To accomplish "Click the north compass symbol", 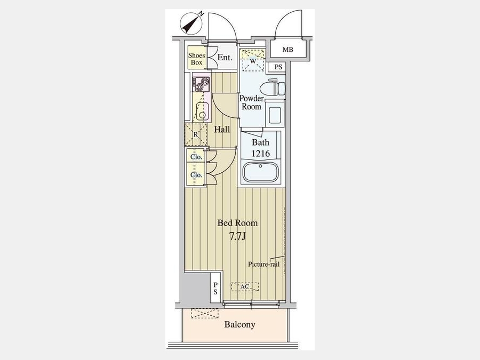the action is pyautogui.click(x=192, y=23).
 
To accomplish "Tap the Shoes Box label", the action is pyautogui.click(x=196, y=59).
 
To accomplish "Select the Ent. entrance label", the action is pyautogui.click(x=225, y=58).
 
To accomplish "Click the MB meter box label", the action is pyautogui.click(x=288, y=50).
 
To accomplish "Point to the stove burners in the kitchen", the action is pyautogui.click(x=202, y=84).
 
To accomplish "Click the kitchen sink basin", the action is pyautogui.click(x=202, y=111).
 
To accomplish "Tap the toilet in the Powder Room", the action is pyautogui.click(x=273, y=87).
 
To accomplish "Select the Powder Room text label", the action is pyautogui.click(x=251, y=102).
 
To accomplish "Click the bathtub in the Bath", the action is pyautogui.click(x=260, y=172).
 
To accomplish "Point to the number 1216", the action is pyautogui.click(x=260, y=154).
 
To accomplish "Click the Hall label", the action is pyautogui.click(x=222, y=130).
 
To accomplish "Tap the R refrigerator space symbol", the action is pyautogui.click(x=196, y=135).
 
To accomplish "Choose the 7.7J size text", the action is pyautogui.click(x=237, y=236).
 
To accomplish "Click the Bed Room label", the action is pyautogui.click(x=237, y=223).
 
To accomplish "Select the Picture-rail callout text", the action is pyautogui.click(x=264, y=264).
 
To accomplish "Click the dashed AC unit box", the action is pyautogui.click(x=245, y=286).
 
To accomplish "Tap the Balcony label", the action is pyautogui.click(x=239, y=324).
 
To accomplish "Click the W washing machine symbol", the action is pyautogui.click(x=253, y=61).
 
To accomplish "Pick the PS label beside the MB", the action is pyautogui.click(x=278, y=67).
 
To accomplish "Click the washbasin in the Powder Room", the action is pyautogui.click(x=275, y=113).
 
